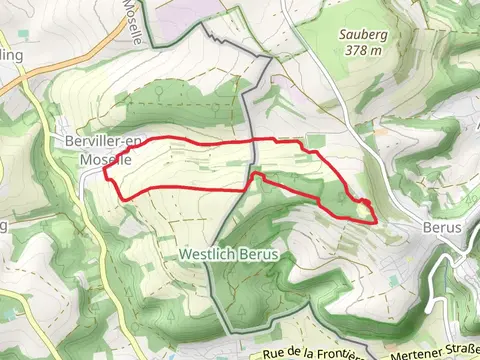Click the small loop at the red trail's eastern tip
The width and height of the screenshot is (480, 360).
(367, 210)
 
